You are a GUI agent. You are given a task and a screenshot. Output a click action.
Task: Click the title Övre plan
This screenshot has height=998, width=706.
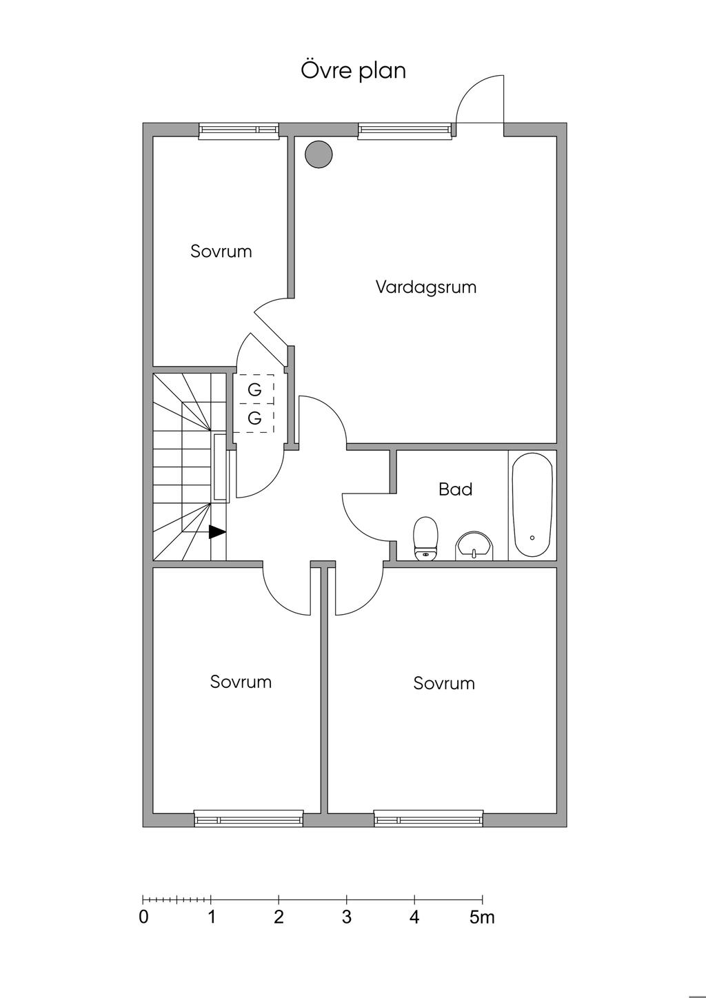(x=354, y=71)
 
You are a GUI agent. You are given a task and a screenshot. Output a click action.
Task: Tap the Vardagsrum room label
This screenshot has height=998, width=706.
(x=426, y=287)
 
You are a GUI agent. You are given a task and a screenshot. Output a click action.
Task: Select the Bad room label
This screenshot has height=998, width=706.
(x=456, y=489)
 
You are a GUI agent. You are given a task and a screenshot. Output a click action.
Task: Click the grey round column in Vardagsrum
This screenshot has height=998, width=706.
(x=319, y=154)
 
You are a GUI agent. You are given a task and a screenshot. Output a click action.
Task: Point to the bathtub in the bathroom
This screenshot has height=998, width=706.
(x=532, y=505)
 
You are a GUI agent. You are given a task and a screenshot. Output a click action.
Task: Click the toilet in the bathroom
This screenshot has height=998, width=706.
(x=425, y=538)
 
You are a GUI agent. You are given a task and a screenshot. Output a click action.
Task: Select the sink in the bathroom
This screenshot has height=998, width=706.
(x=474, y=546)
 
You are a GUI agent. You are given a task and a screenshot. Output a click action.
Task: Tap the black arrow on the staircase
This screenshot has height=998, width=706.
(x=217, y=532)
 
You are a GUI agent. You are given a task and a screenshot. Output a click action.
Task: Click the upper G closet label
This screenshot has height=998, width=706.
(x=254, y=390)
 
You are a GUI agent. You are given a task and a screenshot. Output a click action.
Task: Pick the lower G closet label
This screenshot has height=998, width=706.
(x=254, y=418)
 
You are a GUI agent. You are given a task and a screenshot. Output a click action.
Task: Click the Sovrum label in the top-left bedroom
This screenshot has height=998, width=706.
(x=221, y=252)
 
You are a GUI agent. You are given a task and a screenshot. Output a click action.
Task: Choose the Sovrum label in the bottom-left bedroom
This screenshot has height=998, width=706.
(x=241, y=682)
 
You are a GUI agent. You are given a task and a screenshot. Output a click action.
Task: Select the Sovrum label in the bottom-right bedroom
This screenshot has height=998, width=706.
(x=444, y=683)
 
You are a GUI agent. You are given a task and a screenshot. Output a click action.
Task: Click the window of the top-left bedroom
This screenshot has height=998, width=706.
(x=239, y=130)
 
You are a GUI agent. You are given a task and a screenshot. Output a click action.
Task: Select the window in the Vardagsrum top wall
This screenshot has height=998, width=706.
(x=405, y=130)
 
